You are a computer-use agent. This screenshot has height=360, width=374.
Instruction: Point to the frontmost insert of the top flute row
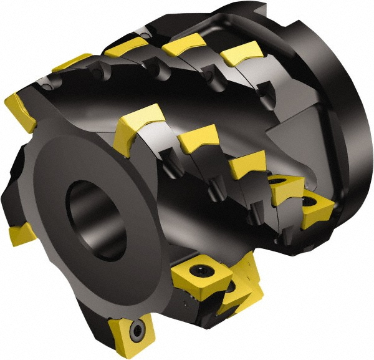pos(72,62)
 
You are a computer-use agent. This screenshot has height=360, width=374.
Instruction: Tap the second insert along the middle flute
pos(198,139)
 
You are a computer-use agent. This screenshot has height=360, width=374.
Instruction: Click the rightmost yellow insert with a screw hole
pos(318,211)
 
